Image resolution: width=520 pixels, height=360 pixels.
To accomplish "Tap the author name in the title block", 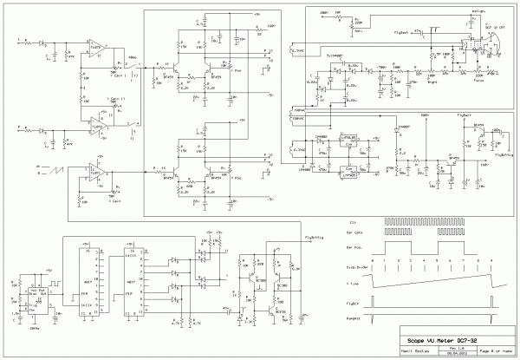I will [x=415, y=353].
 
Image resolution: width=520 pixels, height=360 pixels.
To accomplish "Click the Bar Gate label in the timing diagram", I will [x=353, y=235].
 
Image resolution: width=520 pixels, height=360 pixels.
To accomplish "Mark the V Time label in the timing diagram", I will [x=353, y=284].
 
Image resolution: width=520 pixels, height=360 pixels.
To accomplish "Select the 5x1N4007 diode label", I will [x=338, y=55].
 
